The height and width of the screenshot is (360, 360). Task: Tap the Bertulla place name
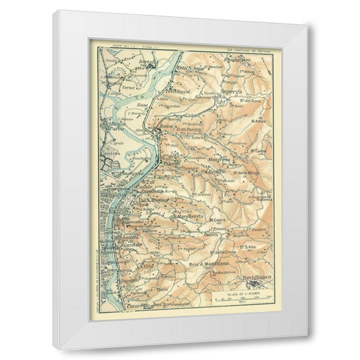[145, 61]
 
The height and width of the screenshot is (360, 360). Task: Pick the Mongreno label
[219, 159]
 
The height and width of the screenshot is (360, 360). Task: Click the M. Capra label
[217, 220]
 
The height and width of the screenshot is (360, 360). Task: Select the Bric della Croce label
[225, 252]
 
